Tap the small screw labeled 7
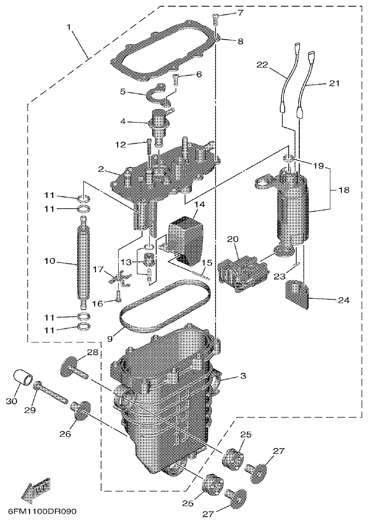[x=216, y=19]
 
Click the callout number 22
[x=262, y=64]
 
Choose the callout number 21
[x=334, y=83]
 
